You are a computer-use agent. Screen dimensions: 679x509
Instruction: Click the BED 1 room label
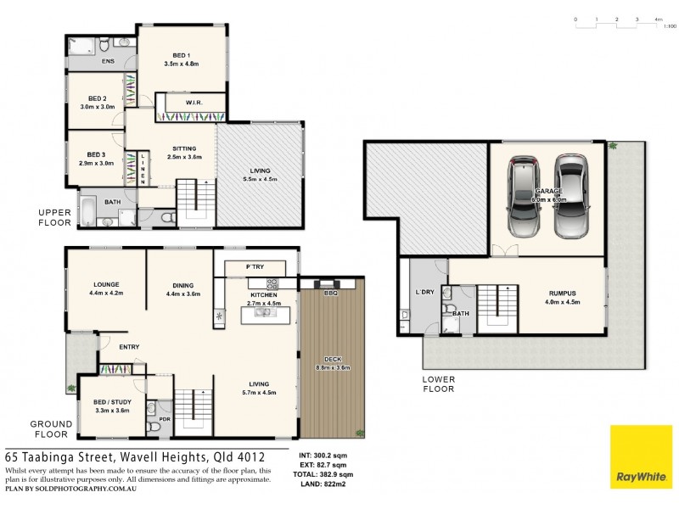point(182,55)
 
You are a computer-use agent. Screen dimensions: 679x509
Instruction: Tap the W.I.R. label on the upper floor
point(194,103)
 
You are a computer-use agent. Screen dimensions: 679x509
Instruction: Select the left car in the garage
point(524,197)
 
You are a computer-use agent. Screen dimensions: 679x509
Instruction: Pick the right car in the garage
point(571,196)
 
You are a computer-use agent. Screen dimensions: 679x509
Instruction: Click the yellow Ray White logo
point(642,457)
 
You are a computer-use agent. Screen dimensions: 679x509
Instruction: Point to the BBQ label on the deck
point(331,293)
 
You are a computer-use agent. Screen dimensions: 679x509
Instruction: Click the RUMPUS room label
point(562,293)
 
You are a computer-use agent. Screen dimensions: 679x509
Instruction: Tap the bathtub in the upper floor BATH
point(88,211)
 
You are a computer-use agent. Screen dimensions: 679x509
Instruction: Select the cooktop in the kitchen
point(272,284)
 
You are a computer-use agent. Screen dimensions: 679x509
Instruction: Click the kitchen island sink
point(263,312)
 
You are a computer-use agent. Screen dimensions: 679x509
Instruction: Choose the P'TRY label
point(255,267)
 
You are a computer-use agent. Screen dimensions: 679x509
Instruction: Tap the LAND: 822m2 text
point(323,484)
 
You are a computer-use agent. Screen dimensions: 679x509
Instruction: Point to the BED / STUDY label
point(112,402)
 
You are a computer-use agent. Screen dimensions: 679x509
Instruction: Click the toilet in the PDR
point(154,428)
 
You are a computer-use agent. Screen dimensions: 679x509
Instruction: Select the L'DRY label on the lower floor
point(424,292)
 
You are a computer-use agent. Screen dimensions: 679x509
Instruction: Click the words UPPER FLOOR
point(54,217)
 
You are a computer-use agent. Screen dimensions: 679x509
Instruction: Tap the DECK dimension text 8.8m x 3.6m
point(333,367)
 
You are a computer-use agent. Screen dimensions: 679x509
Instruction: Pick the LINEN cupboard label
point(143,169)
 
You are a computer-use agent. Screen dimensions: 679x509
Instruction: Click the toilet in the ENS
point(104,45)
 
